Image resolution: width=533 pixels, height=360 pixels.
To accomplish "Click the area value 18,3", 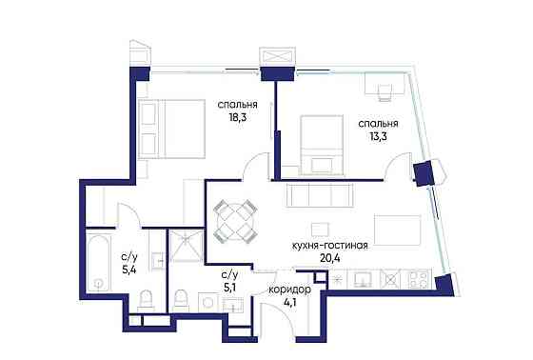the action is pos(237,118).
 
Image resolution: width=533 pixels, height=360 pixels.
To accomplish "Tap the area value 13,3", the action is pos(378,136).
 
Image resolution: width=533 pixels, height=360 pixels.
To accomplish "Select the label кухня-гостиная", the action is pos(329,246).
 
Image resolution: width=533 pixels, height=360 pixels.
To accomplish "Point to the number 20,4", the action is pos(329,258).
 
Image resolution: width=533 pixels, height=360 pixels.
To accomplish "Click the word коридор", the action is pos(289,290).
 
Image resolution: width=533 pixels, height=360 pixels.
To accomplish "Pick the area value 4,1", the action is pos(289,302).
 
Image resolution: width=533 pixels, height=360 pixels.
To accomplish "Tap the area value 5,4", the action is pos(129,270).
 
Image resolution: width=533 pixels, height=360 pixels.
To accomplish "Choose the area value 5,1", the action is pos(229,288).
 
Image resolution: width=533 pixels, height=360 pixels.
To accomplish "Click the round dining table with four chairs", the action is pos(234,220).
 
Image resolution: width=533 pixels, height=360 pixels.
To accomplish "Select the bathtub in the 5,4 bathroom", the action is pos(99,261).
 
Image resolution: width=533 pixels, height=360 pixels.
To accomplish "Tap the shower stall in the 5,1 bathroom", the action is pos(186,246).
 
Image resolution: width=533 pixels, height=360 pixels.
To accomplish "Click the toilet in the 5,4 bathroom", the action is pos(147,300).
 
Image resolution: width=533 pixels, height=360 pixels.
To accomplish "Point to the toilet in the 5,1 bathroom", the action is pos(180,301).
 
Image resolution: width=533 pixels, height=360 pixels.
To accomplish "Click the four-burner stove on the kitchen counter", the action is pos(419,279).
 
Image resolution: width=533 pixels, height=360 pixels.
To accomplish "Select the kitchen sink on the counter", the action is pos(363,279).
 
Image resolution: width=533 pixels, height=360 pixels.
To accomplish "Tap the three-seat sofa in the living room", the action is pos(320,194).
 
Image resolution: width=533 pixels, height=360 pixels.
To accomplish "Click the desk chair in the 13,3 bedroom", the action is pos(385,91).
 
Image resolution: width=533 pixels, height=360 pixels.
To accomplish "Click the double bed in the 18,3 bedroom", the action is pos(171,129).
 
